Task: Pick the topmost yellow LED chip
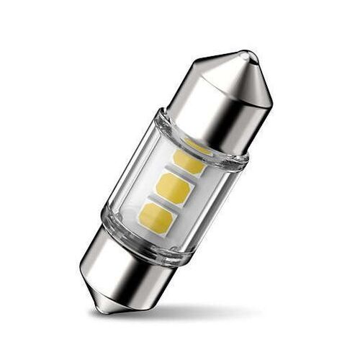point(189,160)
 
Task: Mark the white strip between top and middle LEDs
point(181,173)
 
